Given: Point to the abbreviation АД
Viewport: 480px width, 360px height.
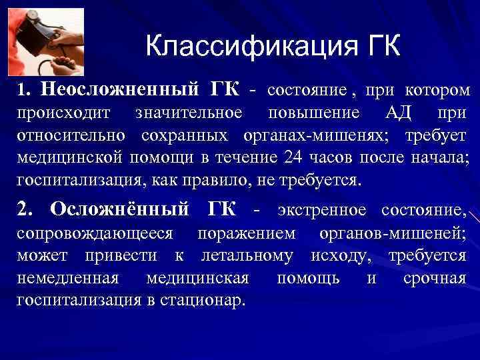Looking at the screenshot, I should [400, 113].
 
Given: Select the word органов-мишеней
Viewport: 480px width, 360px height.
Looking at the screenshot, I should [393, 233].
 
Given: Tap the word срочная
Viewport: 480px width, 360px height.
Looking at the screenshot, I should [434, 278].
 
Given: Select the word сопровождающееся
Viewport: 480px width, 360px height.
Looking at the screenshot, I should [95, 233].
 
